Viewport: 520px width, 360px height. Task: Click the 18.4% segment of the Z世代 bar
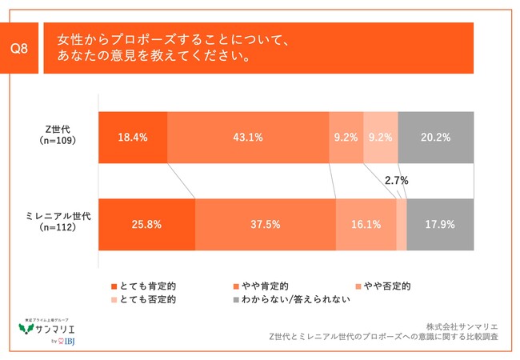(133, 137)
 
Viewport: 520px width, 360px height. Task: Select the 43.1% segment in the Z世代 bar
(248, 137)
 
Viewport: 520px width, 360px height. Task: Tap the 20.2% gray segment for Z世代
(435, 137)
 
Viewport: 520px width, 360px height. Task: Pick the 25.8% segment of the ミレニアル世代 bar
(146, 225)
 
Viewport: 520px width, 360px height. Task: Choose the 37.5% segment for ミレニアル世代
(265, 225)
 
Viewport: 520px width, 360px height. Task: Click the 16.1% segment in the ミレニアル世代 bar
(366, 225)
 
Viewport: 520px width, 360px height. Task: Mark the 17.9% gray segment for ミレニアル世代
(440, 225)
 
